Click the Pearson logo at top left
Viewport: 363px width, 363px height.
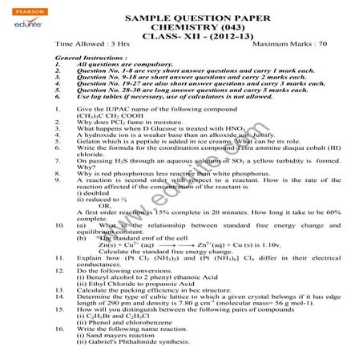[19, 8]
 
